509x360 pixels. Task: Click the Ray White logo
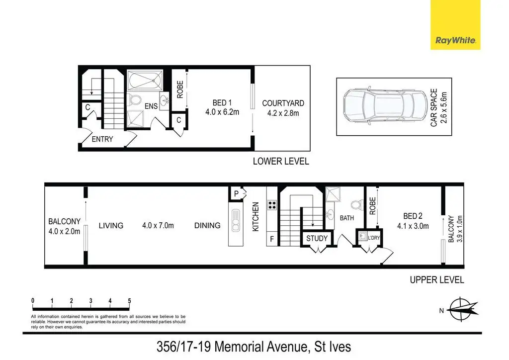(455, 25)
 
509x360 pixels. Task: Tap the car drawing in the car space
(385, 105)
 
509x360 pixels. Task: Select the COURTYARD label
(283, 103)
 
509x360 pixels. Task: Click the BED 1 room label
(222, 103)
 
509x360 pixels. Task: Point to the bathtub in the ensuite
(145, 80)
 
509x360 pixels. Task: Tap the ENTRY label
(102, 139)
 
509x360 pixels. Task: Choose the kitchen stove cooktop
(272, 205)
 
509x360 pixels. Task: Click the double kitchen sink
(236, 220)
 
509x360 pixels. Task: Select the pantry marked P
(236, 194)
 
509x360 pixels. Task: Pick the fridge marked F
(272, 239)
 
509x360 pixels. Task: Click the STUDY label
(317, 238)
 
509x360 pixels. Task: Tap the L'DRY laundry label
(374, 238)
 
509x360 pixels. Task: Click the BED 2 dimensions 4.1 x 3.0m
(413, 226)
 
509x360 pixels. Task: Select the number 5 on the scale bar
(129, 301)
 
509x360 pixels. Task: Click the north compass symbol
(462, 309)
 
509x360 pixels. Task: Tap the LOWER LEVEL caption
(281, 161)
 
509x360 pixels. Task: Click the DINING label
(207, 225)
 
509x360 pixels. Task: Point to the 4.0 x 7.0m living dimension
(158, 225)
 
